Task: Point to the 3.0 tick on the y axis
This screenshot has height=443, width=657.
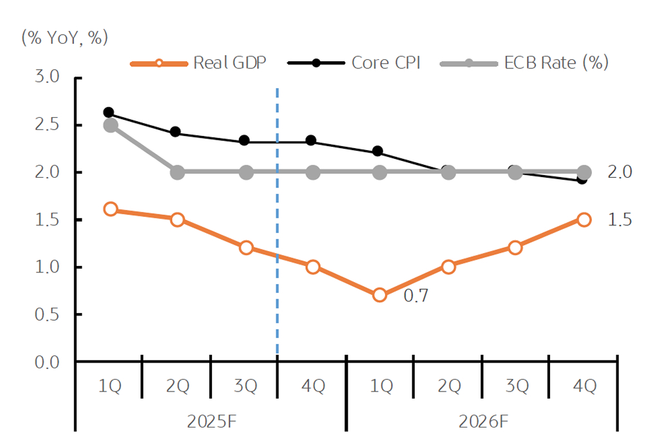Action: (46, 77)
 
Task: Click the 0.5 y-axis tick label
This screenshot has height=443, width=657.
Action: (46, 314)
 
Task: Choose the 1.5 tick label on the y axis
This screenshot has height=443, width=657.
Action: (46, 220)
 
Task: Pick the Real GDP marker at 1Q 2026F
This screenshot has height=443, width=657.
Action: (379, 295)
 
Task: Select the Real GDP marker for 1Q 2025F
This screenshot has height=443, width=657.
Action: (110, 209)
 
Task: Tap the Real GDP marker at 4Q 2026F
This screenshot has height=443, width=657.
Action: (584, 220)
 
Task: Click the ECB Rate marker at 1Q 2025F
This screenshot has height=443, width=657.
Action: (110, 125)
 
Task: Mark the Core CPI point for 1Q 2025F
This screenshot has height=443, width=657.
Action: (108, 113)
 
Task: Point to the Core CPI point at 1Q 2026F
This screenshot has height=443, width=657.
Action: (377, 151)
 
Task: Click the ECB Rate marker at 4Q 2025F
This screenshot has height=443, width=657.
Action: (312, 172)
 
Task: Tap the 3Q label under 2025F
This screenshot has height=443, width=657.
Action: (245, 386)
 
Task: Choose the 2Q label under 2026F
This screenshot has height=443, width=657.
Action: (449, 386)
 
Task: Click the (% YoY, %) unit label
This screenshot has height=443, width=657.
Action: (64, 37)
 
